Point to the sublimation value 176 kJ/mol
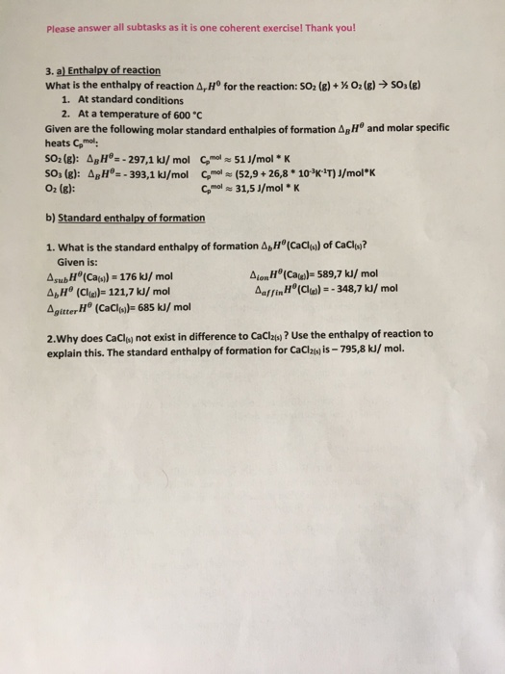144,272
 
